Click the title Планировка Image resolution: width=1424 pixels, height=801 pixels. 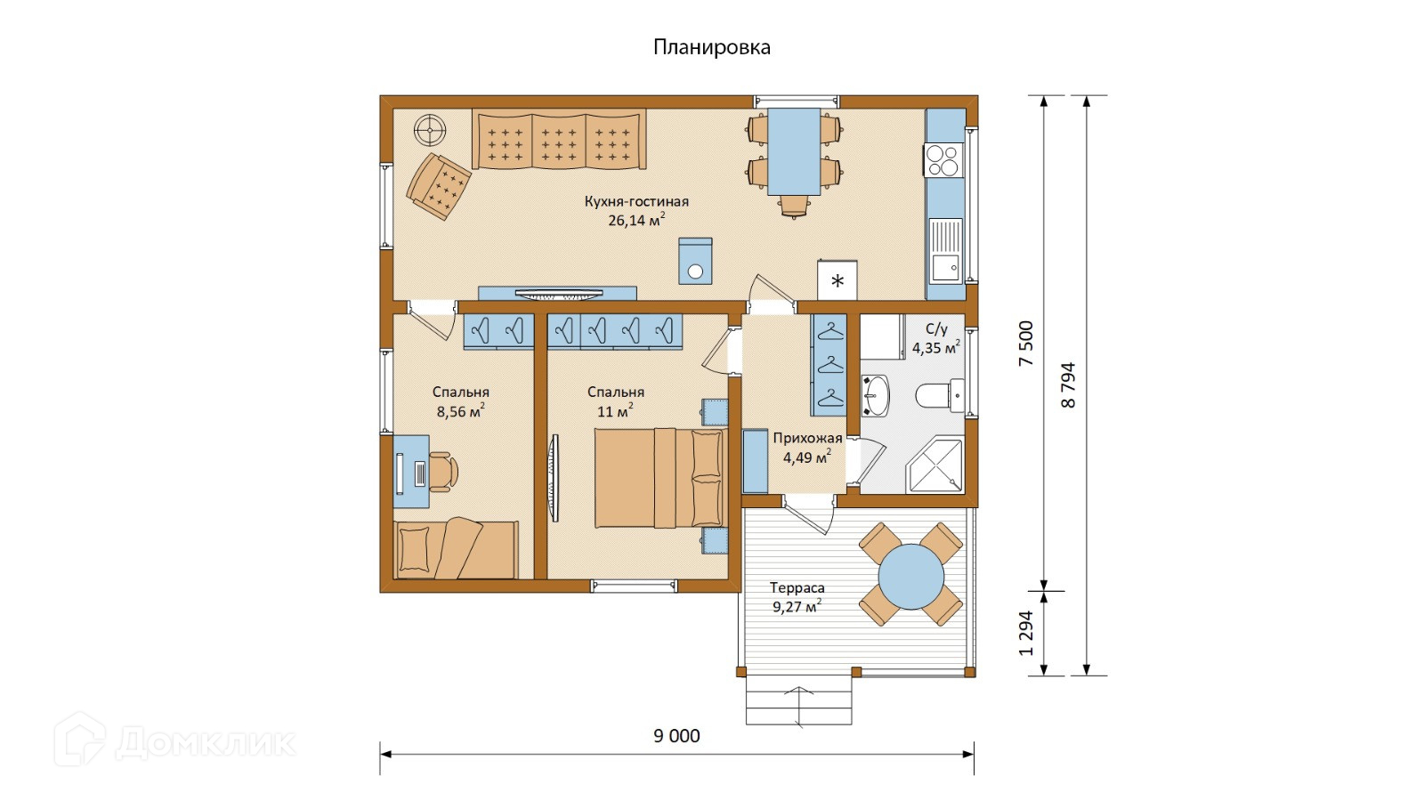[x=711, y=48]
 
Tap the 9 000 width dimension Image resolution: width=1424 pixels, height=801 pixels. [x=676, y=736]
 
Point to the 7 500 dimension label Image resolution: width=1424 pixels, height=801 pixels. [x=1026, y=344]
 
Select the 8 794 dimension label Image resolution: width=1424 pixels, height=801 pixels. [x=1069, y=385]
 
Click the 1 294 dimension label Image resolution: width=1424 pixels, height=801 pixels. [x=1026, y=634]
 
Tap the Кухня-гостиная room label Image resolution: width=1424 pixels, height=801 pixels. [x=636, y=202]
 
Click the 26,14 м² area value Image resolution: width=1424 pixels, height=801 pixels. [x=636, y=220]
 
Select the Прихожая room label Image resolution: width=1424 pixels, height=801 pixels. [x=807, y=438]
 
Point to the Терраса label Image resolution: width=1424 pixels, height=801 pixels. [x=797, y=587]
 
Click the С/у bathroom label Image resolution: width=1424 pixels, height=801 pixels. [x=936, y=328]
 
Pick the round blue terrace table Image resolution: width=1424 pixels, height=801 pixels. [x=911, y=578]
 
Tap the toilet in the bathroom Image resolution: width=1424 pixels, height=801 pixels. [x=940, y=395]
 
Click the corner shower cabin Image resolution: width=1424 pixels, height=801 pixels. [x=934, y=465]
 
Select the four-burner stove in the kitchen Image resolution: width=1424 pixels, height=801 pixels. [x=944, y=159]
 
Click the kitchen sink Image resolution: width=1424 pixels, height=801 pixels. [x=945, y=250]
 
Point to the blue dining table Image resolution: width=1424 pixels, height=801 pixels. [x=794, y=151]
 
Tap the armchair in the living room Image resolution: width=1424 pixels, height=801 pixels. [x=439, y=186]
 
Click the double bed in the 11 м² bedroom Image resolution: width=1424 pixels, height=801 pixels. [x=661, y=478]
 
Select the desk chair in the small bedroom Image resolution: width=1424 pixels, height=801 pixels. [x=443, y=471]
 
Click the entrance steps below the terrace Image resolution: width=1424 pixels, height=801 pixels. [x=798, y=700]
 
